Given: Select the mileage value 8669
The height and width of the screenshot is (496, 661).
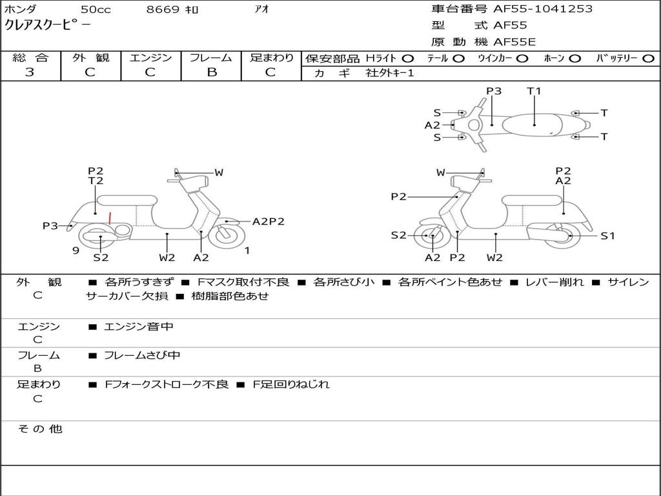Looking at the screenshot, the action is [x=163, y=10].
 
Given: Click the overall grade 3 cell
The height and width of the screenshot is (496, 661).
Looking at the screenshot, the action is [x=30, y=72].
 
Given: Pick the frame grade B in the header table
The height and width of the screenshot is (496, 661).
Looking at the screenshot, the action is [x=211, y=72].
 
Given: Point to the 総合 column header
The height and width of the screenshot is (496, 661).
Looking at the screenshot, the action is [x=30, y=58].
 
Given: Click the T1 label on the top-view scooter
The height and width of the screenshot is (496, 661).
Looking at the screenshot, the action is [x=534, y=91].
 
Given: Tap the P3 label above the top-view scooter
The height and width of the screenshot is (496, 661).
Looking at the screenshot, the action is [x=494, y=91].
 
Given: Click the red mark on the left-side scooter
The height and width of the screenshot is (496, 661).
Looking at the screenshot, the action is [x=110, y=218].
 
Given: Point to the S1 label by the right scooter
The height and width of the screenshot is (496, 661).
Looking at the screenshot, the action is [x=607, y=236].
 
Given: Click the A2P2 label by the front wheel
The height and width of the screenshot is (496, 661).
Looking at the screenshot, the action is [x=268, y=222].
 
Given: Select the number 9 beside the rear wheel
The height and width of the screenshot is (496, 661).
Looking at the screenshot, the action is [x=76, y=251].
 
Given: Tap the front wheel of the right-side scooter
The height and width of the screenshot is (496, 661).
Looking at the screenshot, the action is [x=431, y=236].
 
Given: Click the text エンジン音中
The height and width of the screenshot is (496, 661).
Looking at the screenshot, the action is [x=139, y=327].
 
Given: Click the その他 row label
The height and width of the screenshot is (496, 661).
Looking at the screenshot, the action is [x=40, y=429].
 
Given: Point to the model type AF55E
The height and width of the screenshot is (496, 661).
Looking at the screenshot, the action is [x=514, y=42].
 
